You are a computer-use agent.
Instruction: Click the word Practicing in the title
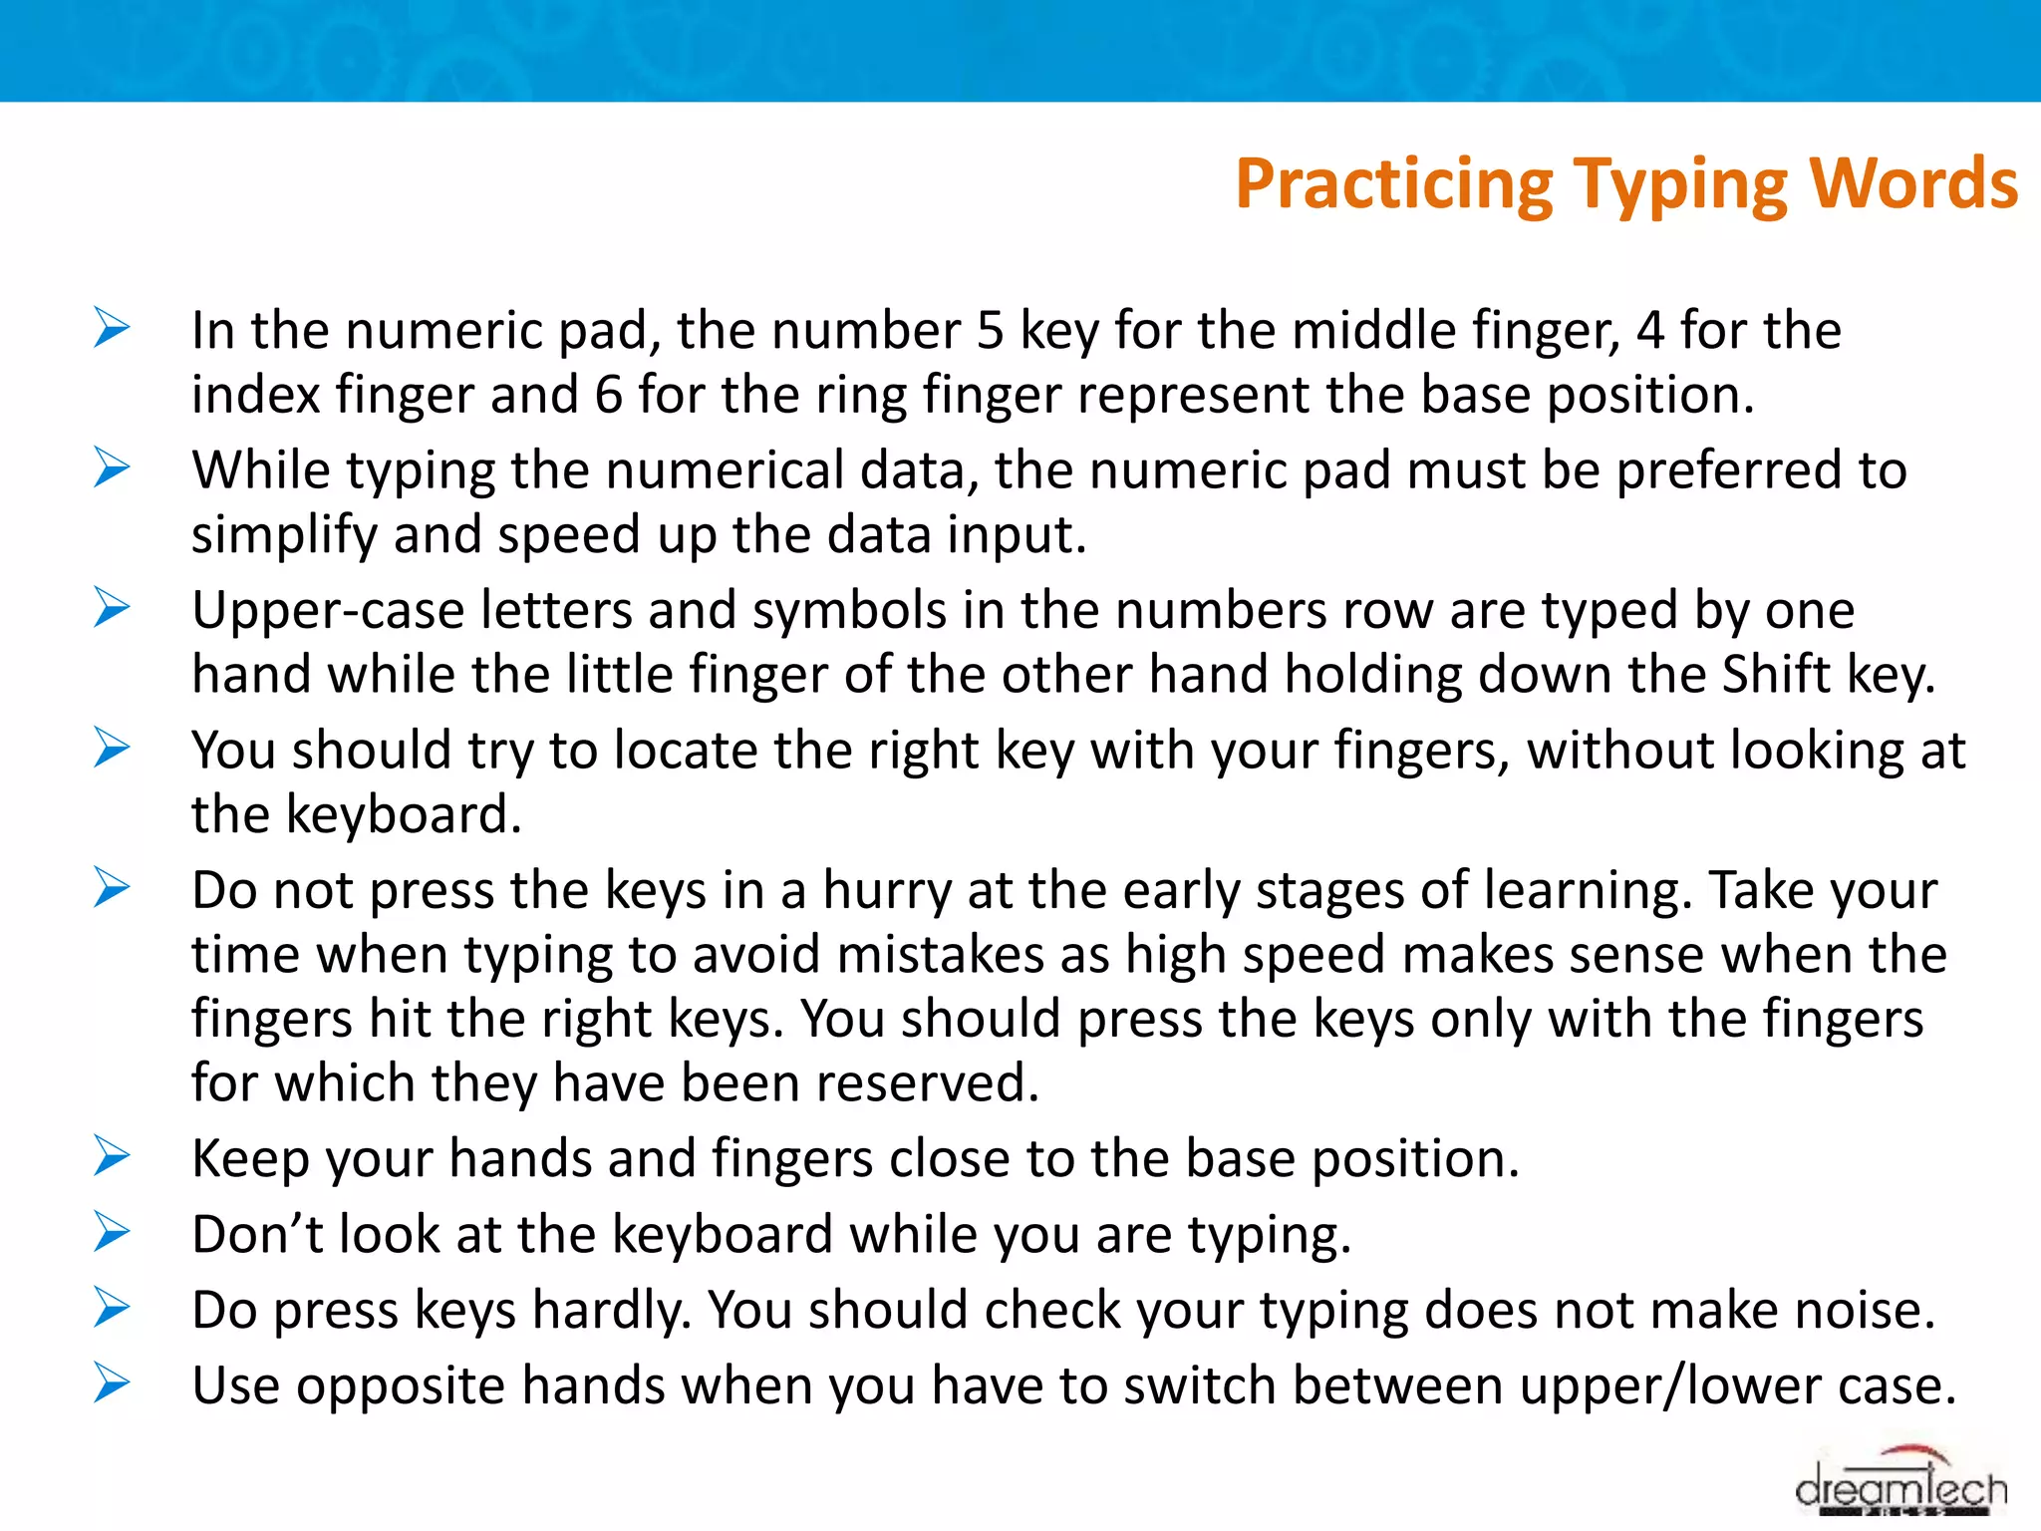tap(1393, 186)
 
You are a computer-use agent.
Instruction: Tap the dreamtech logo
tap(1900, 1487)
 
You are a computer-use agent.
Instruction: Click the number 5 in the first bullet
tap(990, 331)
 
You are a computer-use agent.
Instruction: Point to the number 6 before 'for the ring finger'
tap(609, 395)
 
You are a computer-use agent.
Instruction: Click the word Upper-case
tap(328, 611)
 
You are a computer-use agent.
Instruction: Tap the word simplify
tap(284, 536)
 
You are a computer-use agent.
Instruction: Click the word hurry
tap(887, 890)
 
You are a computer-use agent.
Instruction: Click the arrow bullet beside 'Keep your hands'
tap(112, 1156)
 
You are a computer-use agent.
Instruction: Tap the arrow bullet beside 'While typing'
tap(112, 467)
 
